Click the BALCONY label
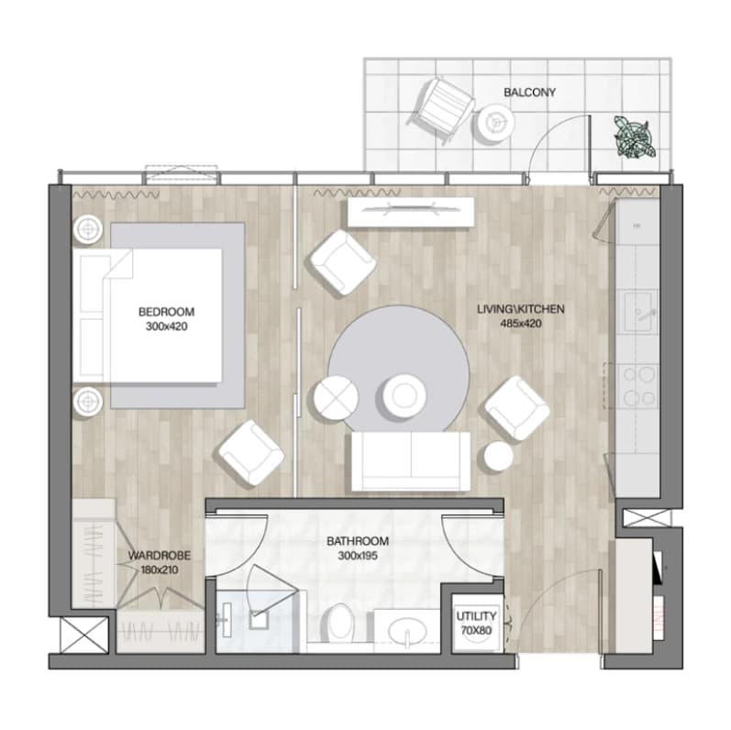(x=529, y=93)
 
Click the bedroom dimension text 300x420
(x=166, y=326)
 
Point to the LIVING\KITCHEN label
(x=520, y=309)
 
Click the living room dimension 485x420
(x=521, y=323)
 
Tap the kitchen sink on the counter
(x=637, y=311)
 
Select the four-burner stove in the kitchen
(x=638, y=386)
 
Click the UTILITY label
(x=476, y=616)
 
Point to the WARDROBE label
(x=160, y=556)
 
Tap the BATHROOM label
(x=358, y=541)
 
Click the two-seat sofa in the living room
(x=411, y=460)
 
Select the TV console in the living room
(x=411, y=213)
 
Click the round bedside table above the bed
(x=88, y=229)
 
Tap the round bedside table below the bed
(x=88, y=401)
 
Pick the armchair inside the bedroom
(x=251, y=453)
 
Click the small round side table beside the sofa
(x=498, y=456)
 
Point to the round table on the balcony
(x=496, y=122)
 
